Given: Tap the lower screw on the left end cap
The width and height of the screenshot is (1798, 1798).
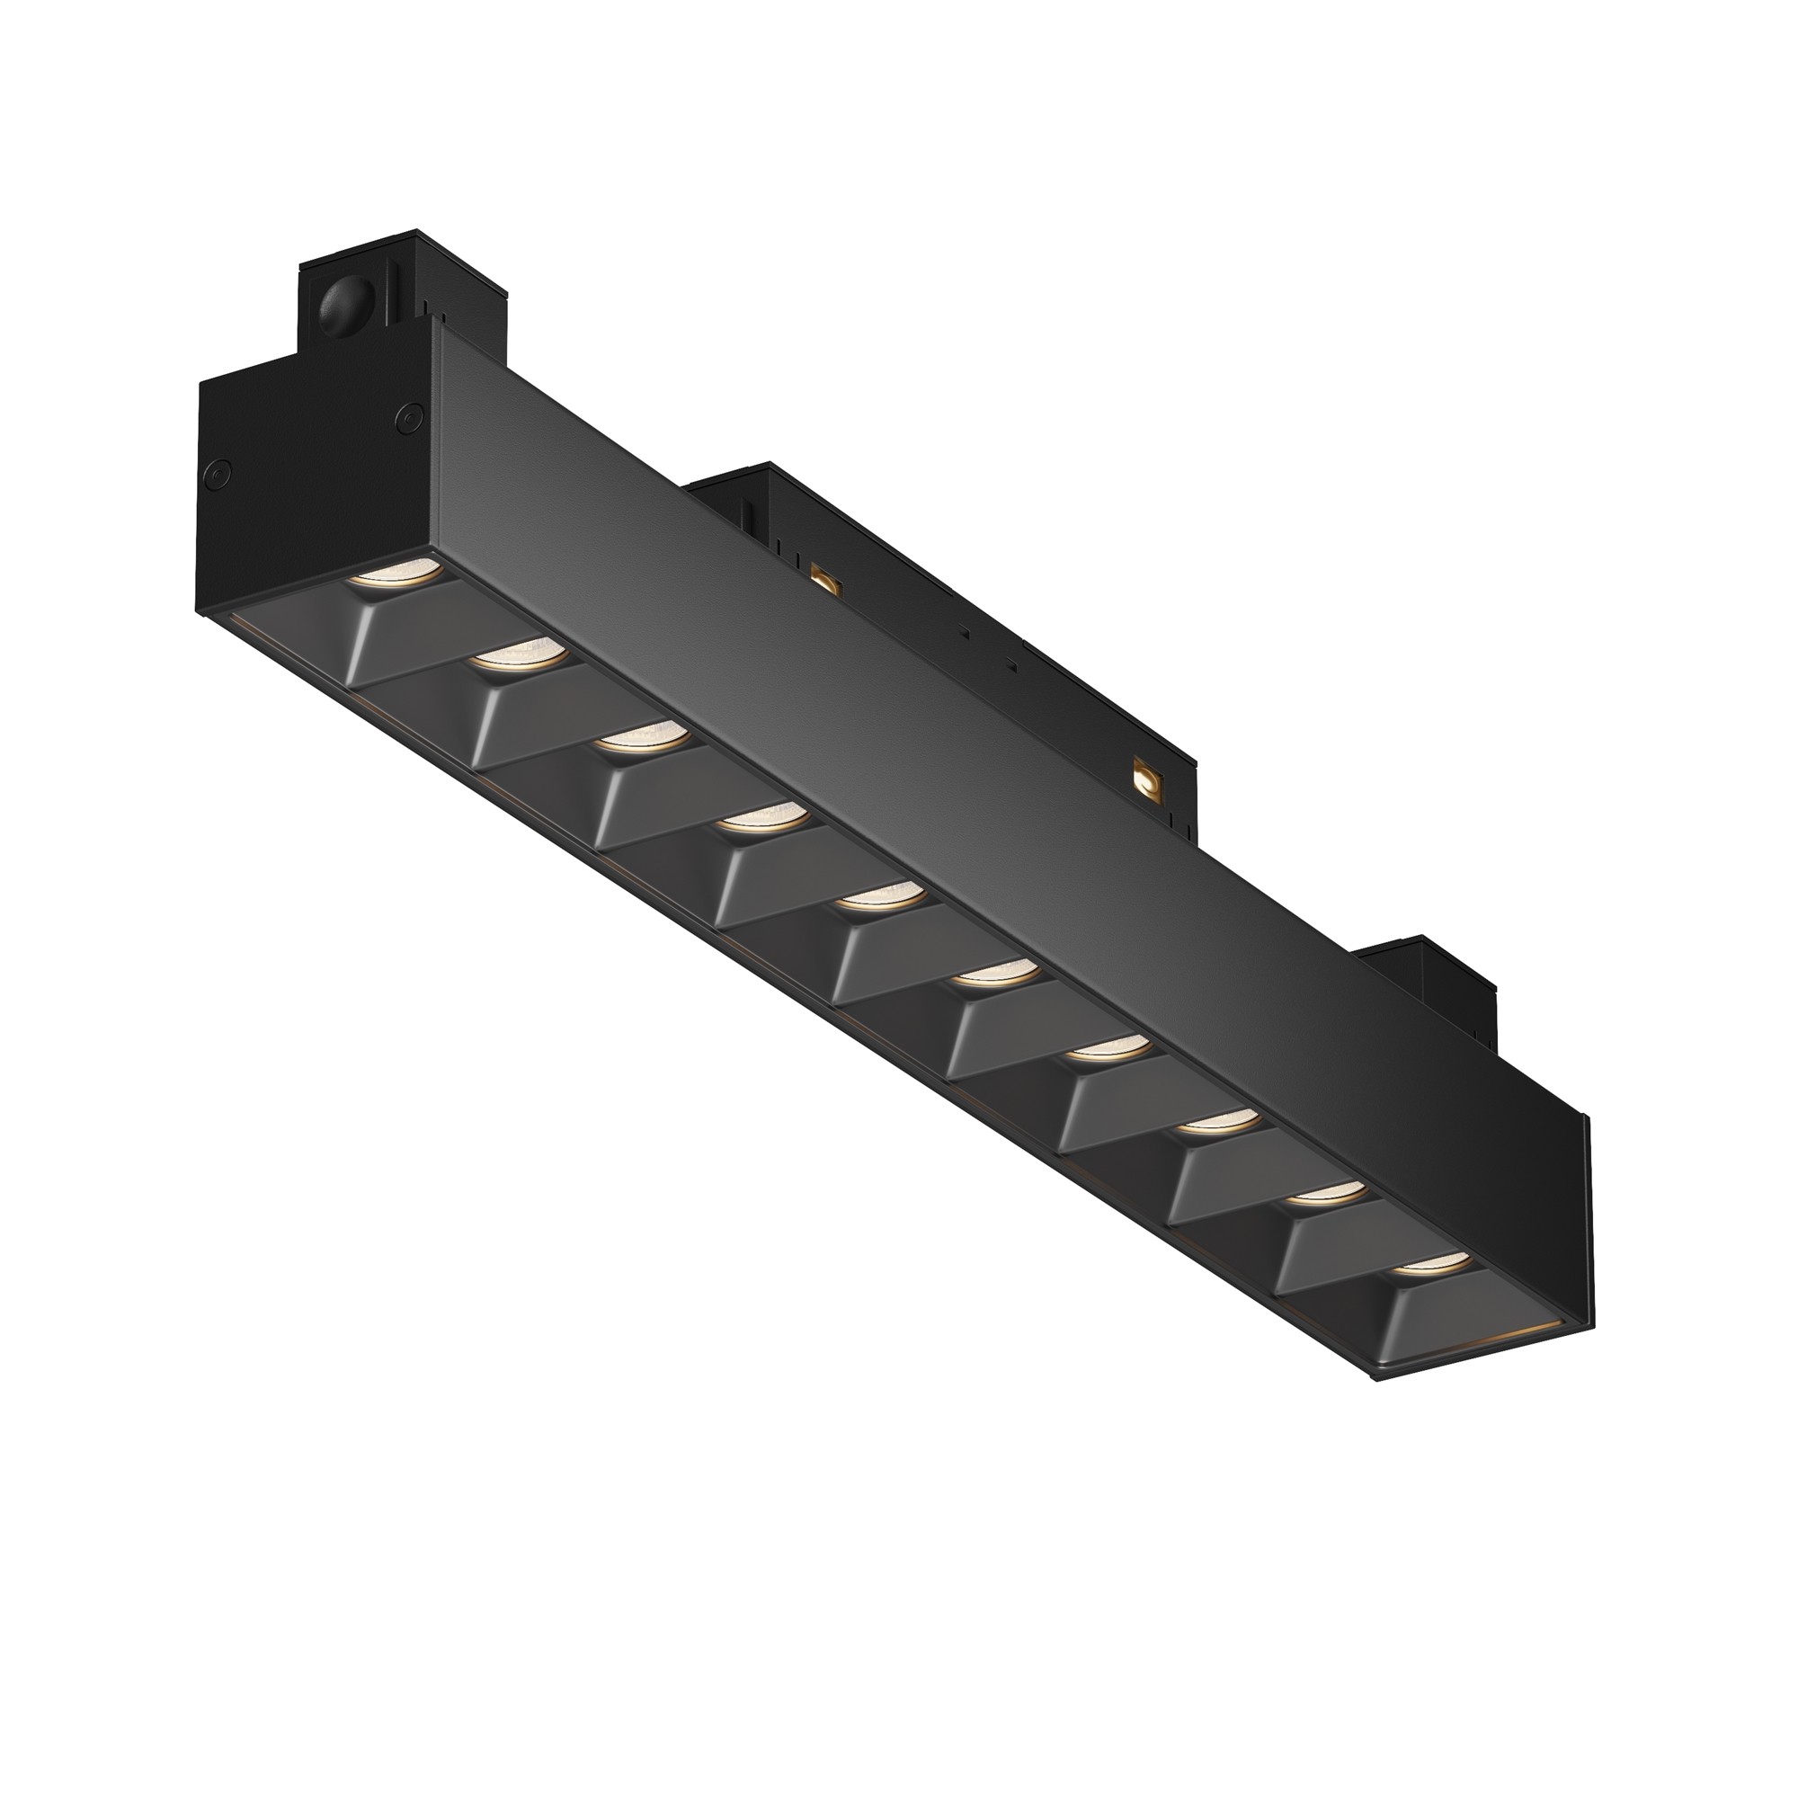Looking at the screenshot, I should pyautogui.click(x=216, y=476).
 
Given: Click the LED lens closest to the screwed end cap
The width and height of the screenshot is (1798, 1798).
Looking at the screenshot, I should pyautogui.click(x=396, y=574).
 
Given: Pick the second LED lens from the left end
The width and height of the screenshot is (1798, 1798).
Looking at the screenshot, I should pyautogui.click(x=521, y=657).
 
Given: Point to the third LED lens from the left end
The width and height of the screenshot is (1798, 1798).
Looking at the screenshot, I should pyautogui.click(x=642, y=738).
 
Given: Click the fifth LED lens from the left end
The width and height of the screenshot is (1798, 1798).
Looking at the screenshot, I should pyautogui.click(x=878, y=895).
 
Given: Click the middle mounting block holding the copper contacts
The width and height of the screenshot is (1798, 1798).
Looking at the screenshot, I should pyautogui.click(x=930, y=596).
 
